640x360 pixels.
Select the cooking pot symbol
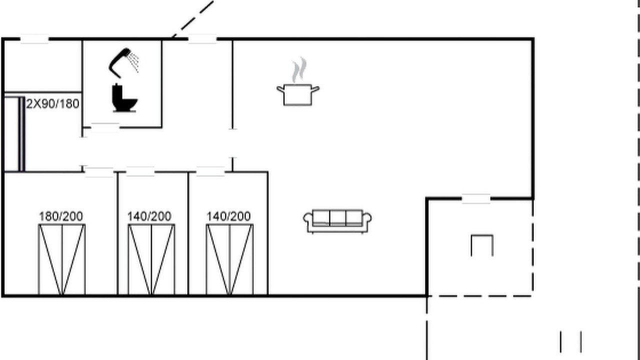pyautogui.click(x=298, y=95)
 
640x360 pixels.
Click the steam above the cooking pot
pyautogui.click(x=299, y=70)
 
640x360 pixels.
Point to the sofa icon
pyautogui.click(x=337, y=221)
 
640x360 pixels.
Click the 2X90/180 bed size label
pyautogui.click(x=52, y=104)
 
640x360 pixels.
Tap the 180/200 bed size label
pyautogui.click(x=61, y=216)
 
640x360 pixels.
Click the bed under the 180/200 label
pyautogui.click(x=61, y=259)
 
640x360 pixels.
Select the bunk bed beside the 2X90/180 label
pyautogui.click(x=13, y=134)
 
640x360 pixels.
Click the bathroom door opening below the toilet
pyautogui.click(x=105, y=127)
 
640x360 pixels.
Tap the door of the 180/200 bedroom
pyautogui.click(x=99, y=172)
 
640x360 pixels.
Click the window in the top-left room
pyautogui.click(x=34, y=39)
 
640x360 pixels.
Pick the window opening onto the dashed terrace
pyautogui.click(x=476, y=199)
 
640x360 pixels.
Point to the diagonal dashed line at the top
pyautogui.click(x=193, y=19)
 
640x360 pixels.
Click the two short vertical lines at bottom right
pyautogui.click(x=570, y=341)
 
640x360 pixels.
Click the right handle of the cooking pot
pyautogui.click(x=315, y=89)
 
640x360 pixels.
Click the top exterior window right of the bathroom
pyautogui.click(x=202, y=39)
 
